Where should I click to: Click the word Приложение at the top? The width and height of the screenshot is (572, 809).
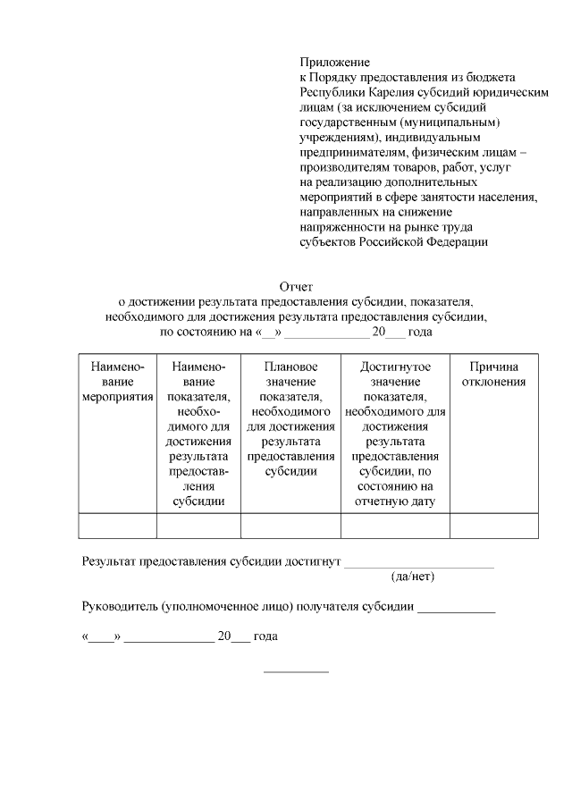coord(334,62)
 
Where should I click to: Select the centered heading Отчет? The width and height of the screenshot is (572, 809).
coord(296,287)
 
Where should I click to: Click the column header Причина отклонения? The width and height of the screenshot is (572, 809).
coord(493,375)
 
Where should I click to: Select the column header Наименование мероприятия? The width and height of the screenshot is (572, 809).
coord(117,382)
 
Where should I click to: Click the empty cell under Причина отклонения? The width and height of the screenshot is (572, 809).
coord(493,526)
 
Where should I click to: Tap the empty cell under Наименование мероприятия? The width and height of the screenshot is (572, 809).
coord(117,526)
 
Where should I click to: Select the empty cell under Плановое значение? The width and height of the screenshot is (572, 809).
coord(291,526)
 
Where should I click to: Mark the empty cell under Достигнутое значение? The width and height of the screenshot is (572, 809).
coord(395,526)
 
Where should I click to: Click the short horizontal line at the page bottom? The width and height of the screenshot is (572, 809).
coord(296,671)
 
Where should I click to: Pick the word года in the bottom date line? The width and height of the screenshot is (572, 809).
coord(265,636)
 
